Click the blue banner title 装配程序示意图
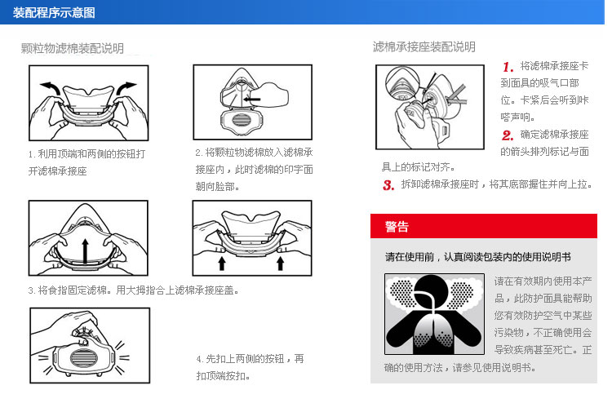54,12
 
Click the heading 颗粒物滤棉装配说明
72,48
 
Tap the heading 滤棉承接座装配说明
424,47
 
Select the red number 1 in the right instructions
508,67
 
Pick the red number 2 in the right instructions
508,135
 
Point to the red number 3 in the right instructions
388,185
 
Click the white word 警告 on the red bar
397,226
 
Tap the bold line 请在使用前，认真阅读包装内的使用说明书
477,257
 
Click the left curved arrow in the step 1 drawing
51,87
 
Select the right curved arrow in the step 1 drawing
125,87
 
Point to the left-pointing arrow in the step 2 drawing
252,99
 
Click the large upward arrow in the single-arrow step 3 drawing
85,250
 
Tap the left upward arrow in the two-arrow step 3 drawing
222,264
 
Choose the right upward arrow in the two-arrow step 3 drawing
280,264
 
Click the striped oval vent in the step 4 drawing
82,358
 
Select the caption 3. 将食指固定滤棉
133,290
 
